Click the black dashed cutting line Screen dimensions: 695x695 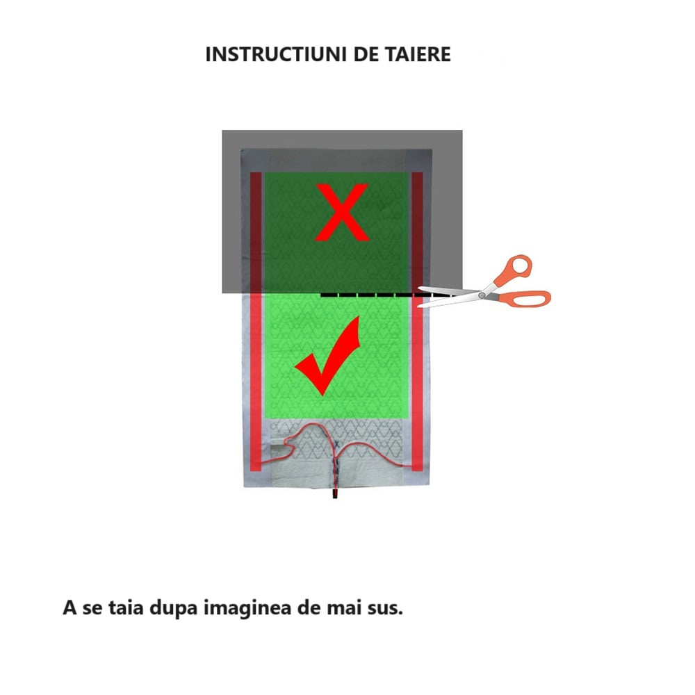tap(368, 296)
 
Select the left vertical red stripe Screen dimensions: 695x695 tap(256, 320)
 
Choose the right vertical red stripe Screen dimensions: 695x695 tap(417, 320)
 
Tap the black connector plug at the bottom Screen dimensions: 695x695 tap(334, 494)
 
